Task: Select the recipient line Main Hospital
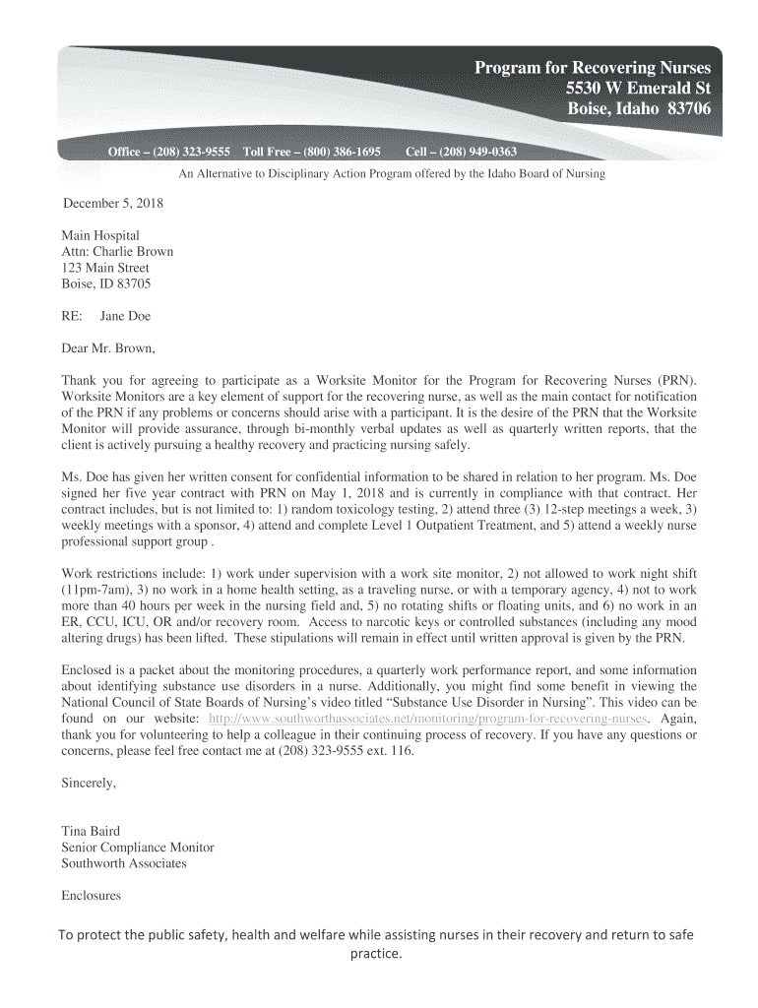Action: coord(100,235)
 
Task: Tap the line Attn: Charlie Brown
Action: coord(117,251)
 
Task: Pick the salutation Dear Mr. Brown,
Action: coord(108,347)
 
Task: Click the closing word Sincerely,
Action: coord(89,784)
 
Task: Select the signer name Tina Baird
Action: coord(91,832)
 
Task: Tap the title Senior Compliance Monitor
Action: coord(137,848)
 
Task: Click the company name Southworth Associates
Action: coord(123,863)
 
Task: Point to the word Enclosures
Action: coord(91,896)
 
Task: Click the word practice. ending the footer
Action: coord(378,954)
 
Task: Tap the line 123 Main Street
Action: coord(105,268)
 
